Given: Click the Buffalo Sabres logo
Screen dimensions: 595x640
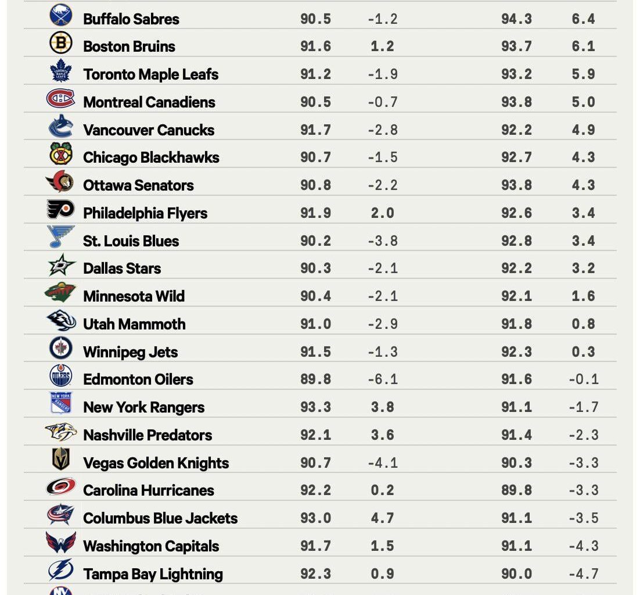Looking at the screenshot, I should (61, 16).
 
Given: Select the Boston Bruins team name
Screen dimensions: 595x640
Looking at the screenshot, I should (129, 46).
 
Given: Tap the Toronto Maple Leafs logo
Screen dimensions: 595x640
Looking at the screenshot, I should (60, 71).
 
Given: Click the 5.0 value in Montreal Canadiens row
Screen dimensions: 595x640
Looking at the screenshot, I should (583, 102).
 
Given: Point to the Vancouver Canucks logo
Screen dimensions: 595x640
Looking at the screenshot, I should (60, 127).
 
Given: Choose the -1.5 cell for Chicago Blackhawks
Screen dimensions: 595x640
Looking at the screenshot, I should (382, 157).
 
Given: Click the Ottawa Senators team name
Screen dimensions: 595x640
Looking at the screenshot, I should (138, 185).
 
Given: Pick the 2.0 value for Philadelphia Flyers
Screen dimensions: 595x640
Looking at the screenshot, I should (382, 213).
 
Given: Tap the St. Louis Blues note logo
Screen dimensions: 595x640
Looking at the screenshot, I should (60, 238).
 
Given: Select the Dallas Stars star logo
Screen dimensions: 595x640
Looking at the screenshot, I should (61, 266).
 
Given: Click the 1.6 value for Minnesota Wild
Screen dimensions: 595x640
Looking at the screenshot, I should (583, 296).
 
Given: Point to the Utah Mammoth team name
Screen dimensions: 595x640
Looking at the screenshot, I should (134, 324).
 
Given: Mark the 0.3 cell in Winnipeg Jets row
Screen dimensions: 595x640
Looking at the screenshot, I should (583, 352).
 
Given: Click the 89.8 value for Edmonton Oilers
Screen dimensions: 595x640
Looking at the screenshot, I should (315, 379).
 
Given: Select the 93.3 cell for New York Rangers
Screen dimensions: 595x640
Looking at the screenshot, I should (315, 407).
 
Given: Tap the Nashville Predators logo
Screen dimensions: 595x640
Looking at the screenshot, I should (60, 432).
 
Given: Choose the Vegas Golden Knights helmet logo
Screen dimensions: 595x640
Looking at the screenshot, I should (60, 460).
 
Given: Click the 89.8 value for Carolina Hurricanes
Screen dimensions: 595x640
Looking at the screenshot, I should (516, 490).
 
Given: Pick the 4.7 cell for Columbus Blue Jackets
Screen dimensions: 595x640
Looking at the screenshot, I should (382, 518).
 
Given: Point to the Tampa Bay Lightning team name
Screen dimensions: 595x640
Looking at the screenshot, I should (153, 574).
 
